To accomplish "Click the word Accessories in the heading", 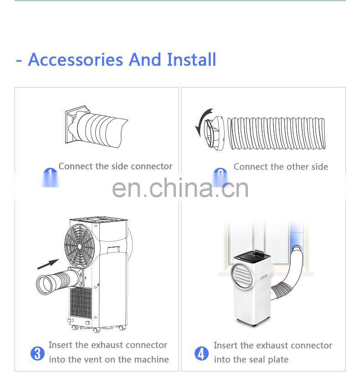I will pyautogui.click(x=76, y=60).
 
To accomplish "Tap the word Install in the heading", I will pyautogui.click(x=191, y=60).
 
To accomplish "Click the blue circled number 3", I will pyautogui.click(x=37, y=353).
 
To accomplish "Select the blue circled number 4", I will pyautogui.click(x=201, y=353).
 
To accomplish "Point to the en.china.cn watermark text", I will pyautogui.click(x=180, y=188).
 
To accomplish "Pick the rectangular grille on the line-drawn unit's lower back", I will pyautogui.click(x=81, y=303).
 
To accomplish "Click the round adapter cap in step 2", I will pyautogui.click(x=216, y=133).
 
